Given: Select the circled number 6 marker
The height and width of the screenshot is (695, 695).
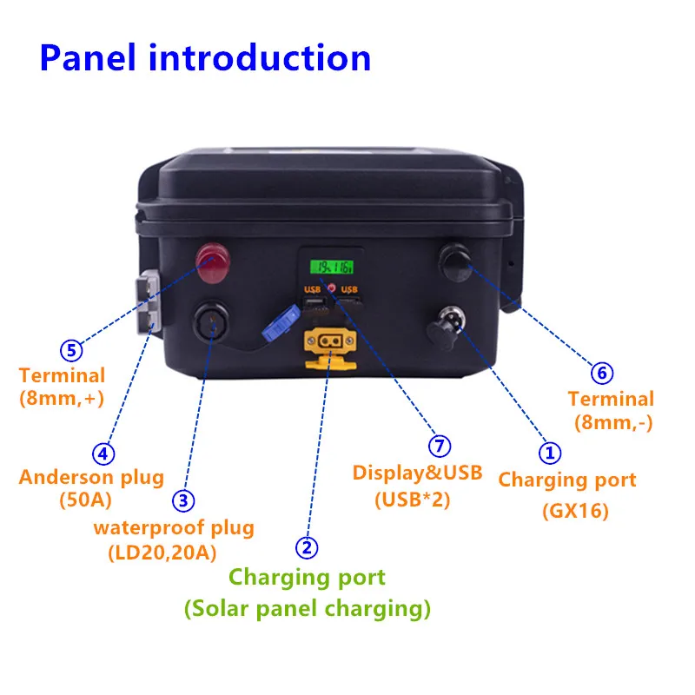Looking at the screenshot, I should point(601,374).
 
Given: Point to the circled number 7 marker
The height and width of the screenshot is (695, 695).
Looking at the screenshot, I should point(440,447).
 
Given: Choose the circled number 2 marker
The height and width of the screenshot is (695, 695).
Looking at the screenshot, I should point(306,547).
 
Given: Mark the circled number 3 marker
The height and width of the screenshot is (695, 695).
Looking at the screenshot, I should point(182,500).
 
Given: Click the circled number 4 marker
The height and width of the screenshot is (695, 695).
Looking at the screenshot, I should point(103,453).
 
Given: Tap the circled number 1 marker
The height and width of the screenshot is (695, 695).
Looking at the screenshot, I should point(550,452).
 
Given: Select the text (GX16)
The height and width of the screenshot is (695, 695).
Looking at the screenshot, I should point(574,511).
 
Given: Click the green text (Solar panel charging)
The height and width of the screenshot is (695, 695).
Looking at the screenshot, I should point(307,609).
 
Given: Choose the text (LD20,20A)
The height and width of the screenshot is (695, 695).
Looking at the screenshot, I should point(163,553).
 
